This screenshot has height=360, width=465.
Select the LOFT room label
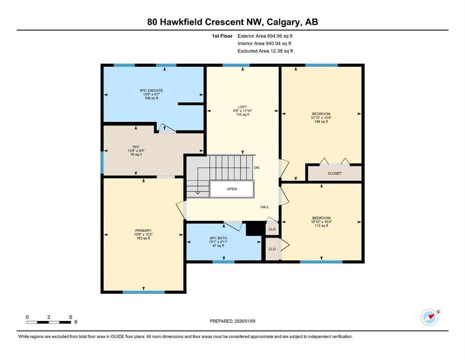(242, 106)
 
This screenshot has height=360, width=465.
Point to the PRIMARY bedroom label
(143, 230)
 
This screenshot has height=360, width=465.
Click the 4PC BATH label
(218, 238)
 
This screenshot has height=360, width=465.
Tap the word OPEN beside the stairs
(232, 189)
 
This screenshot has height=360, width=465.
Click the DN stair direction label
(257, 167)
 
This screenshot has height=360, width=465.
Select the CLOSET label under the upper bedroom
(334, 173)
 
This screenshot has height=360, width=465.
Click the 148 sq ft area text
(321, 121)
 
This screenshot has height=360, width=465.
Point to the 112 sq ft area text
(321, 225)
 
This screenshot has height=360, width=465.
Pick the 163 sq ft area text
(143, 238)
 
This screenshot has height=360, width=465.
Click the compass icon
(429, 317)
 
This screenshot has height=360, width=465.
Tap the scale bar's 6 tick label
(70, 317)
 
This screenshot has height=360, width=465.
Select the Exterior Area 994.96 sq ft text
(266, 36)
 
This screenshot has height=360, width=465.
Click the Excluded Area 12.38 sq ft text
(266, 51)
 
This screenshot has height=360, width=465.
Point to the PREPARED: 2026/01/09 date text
(233, 321)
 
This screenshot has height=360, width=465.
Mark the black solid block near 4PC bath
(253, 228)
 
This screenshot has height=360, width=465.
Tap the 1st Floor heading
(222, 36)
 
